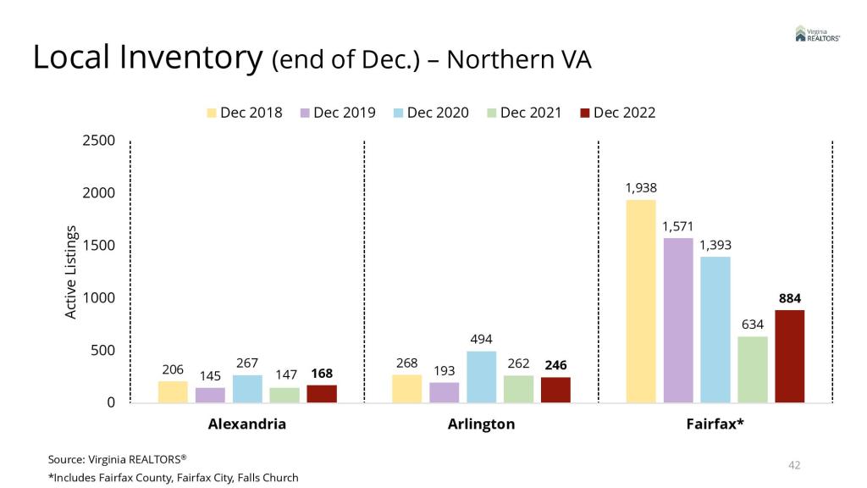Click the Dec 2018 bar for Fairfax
641,301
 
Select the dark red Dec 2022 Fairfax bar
789,356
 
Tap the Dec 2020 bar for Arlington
481,376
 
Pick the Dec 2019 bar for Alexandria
210,395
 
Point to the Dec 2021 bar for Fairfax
753,369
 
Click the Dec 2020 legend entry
431,113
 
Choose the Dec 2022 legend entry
617,113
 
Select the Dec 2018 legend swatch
212,113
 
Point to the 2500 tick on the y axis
99,141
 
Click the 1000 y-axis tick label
99,298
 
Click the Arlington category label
481,424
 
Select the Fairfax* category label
715,424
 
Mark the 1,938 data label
641,188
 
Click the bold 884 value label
789,298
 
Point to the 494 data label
481,339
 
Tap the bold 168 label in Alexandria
322,374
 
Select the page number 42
794,465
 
